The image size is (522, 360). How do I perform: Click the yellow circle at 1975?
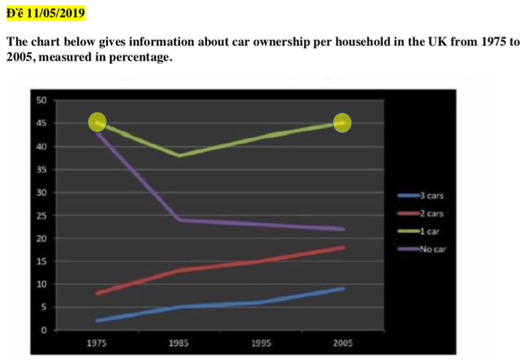tap(98, 122)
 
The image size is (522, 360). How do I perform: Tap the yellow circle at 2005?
tap(343, 122)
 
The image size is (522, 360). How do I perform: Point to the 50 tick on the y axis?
tap(42, 101)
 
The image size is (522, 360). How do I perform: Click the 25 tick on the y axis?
tap(42, 216)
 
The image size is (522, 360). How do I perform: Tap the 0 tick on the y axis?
tap(44, 330)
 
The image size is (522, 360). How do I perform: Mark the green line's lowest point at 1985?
tap(179, 155)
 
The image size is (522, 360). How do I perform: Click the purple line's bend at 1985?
tap(179, 219)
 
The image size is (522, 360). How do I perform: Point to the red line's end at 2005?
tap(343, 247)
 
